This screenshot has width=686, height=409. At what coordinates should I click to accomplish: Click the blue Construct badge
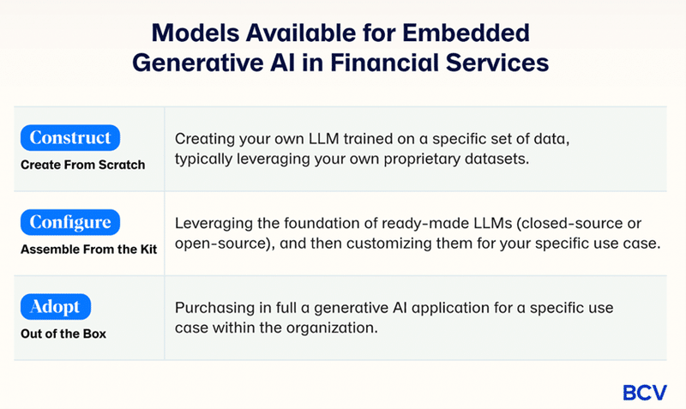pos(70,137)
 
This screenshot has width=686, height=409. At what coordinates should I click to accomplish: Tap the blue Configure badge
pos(70,222)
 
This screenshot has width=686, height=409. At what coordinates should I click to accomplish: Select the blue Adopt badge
pos(56,307)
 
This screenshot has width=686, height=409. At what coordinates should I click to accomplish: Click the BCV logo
pos(645,393)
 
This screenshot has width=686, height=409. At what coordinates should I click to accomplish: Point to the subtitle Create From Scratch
pos(82,165)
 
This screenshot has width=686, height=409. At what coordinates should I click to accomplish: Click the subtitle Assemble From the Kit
pos(89,250)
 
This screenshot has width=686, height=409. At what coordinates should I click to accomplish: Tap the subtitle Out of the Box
pos(63,334)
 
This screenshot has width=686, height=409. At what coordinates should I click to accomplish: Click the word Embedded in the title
pos(466,33)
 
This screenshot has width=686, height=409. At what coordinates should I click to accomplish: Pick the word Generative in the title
pos(198,63)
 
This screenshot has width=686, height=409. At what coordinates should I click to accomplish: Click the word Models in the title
pos(196,33)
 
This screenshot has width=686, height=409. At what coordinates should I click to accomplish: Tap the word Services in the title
pos(497,63)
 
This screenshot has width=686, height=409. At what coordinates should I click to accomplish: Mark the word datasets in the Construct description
pos(497,159)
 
